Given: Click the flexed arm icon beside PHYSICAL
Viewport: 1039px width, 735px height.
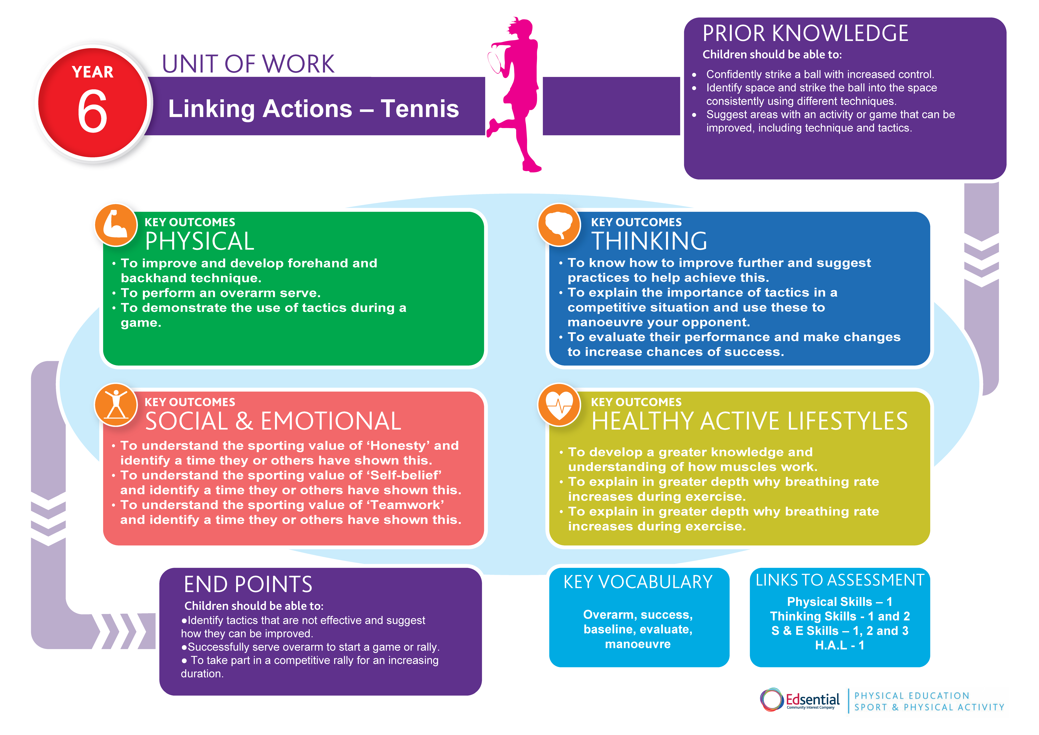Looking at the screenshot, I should click(116, 225).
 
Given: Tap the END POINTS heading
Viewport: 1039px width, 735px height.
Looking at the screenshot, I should click(248, 584).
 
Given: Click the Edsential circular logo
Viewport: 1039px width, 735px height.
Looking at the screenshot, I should click(772, 700).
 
